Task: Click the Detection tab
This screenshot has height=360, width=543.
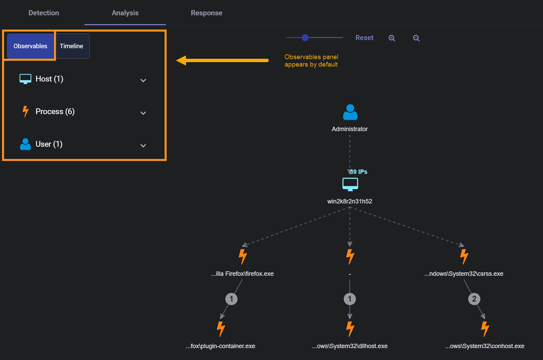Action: click(x=44, y=13)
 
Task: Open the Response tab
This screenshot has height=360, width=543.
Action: click(x=206, y=13)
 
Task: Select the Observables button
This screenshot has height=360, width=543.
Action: click(x=30, y=46)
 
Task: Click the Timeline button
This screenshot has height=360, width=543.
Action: click(x=72, y=46)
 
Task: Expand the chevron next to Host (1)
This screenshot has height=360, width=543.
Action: click(x=143, y=80)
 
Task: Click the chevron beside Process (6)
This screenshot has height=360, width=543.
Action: click(x=143, y=113)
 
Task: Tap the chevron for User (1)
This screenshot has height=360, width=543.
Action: click(x=143, y=146)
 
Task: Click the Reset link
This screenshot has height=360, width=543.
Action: click(x=364, y=38)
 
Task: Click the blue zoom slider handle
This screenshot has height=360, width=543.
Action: click(x=305, y=38)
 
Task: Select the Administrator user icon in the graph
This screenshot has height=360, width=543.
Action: click(x=350, y=112)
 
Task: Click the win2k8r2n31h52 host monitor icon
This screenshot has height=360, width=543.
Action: click(x=350, y=184)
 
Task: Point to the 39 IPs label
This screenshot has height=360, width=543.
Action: click(x=359, y=172)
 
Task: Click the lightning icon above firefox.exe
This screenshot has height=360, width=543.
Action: click(x=243, y=256)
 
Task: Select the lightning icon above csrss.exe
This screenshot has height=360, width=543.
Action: click(x=464, y=256)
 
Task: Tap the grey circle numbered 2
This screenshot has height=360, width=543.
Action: click(x=474, y=299)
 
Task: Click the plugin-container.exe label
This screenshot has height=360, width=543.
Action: click(x=221, y=346)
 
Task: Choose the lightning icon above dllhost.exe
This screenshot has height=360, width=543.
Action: click(x=350, y=329)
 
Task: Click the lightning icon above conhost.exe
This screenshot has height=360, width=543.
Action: click(x=485, y=329)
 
